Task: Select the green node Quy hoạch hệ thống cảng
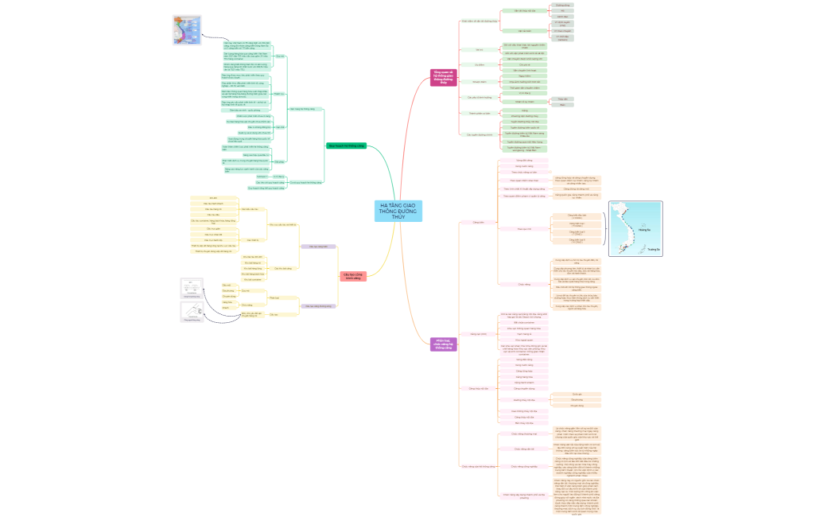346,146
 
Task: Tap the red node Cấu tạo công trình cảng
353,277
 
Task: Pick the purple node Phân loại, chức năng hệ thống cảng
444,344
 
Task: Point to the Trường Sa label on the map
653,248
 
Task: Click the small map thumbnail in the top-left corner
186,30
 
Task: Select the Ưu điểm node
480,64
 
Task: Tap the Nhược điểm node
479,81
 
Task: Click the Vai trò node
480,49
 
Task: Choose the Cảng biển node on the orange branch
478,222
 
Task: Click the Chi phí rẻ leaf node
524,64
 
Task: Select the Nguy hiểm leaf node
524,76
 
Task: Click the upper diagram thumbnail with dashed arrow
192,287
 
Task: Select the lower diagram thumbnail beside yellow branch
192,312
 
